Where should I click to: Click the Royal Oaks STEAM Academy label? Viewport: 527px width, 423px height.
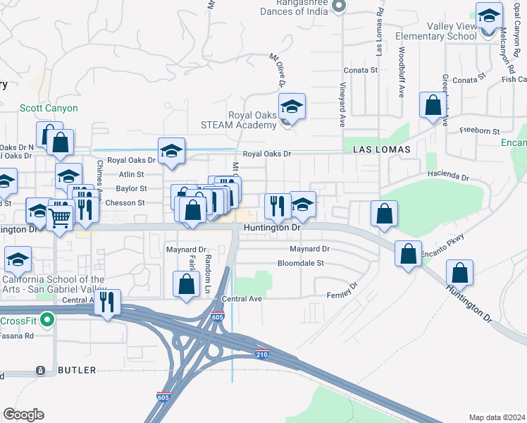click(252, 121)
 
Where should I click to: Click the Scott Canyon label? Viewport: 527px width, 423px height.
click(49, 108)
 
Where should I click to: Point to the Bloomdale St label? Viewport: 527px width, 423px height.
click(300, 263)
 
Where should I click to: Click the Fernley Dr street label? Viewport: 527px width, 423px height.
click(342, 291)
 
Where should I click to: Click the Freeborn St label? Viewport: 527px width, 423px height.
click(479, 131)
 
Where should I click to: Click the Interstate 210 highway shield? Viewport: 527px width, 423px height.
click(261, 353)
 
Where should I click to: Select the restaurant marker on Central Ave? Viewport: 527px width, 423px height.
click(107, 302)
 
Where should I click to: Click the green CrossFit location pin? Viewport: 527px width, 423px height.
click(47, 321)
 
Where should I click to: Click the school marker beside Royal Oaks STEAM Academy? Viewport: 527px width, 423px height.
click(292, 107)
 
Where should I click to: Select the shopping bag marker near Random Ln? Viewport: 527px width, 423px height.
click(186, 285)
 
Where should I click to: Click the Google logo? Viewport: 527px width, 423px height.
click(23, 415)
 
